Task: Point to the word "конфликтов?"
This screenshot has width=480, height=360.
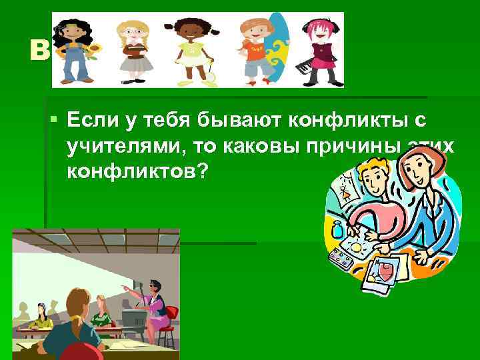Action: (137, 171)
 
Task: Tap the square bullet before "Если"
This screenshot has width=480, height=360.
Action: (53, 120)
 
